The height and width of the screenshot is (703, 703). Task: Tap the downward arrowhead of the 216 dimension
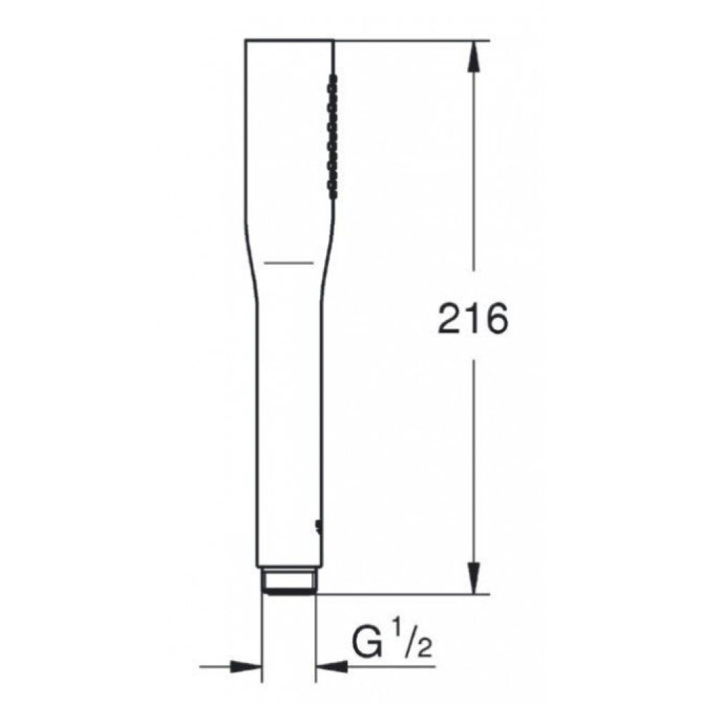coord(475,579)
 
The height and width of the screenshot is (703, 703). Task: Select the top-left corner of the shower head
coord(246,41)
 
